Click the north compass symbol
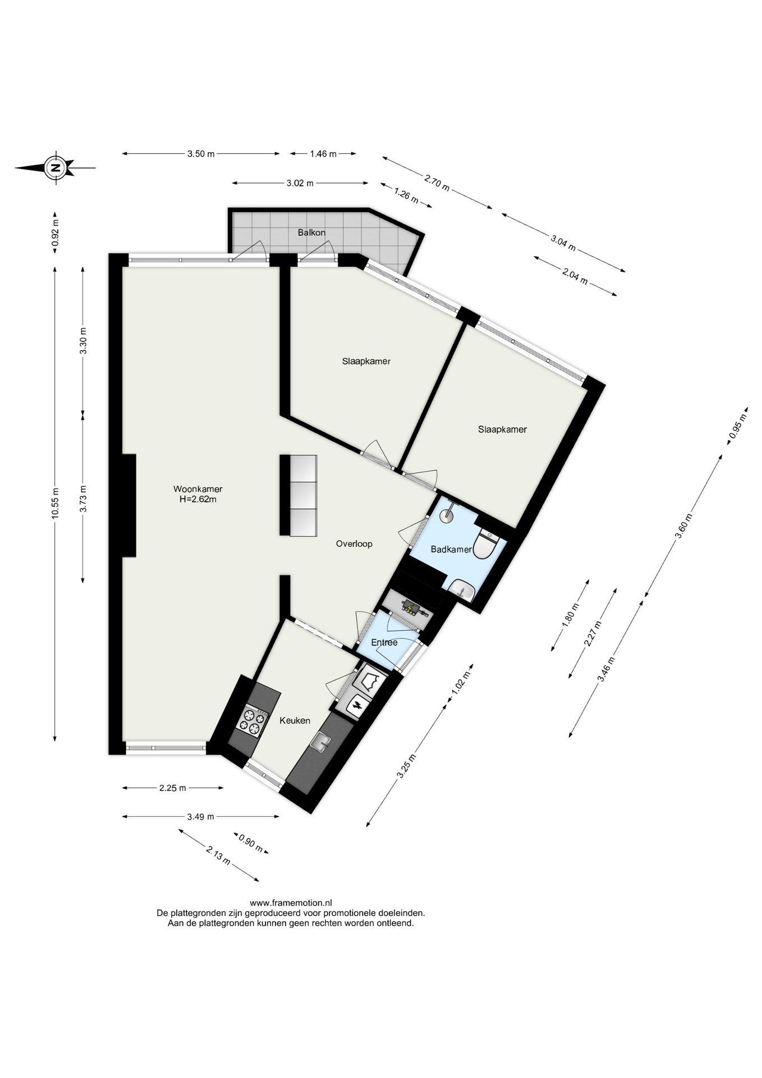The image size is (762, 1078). tap(55, 167)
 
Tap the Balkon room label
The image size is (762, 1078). tap(311, 232)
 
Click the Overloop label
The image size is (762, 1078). tap(354, 543)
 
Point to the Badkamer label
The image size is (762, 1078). tap(451, 550)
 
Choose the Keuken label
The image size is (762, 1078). tap(295, 721)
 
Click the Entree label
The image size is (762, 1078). tap(384, 642)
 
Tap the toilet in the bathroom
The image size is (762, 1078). tap(486, 545)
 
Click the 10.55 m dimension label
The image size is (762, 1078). tap(55, 504)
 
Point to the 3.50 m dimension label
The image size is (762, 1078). tap(201, 154)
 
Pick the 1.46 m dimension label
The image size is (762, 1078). tap(323, 154)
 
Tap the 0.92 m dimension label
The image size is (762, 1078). tap(55, 232)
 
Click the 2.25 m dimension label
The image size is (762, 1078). tap(172, 788)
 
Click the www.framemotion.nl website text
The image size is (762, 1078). tap(291, 903)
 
